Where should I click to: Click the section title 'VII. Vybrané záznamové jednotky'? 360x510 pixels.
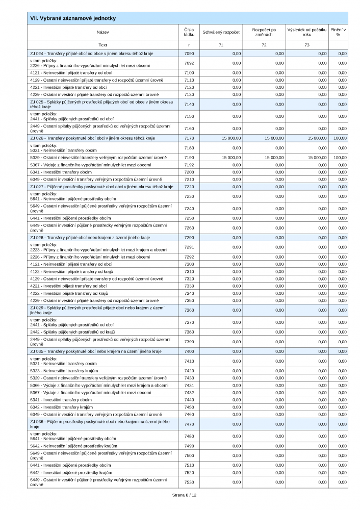73,18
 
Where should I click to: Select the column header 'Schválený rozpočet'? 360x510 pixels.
221,32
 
